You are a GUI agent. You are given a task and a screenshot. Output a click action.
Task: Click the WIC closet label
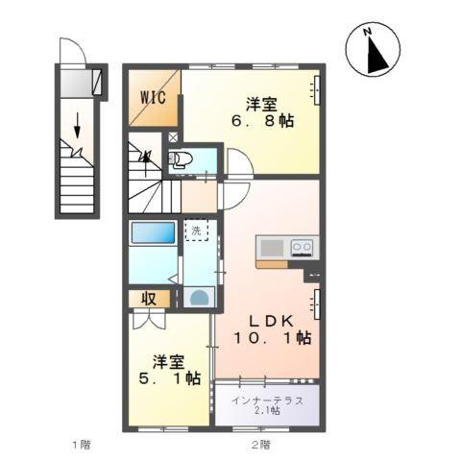tap(155, 97)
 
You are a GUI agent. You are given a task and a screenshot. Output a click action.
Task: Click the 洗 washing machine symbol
tap(196, 231)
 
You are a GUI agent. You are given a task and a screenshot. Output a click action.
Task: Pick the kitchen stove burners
tap(302, 247)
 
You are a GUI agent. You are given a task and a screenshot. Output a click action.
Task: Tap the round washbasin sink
tap(198, 297)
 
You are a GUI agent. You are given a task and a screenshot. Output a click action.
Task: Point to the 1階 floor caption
tap(82, 445)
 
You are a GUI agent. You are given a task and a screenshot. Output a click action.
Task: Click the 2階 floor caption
tap(261, 445)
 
